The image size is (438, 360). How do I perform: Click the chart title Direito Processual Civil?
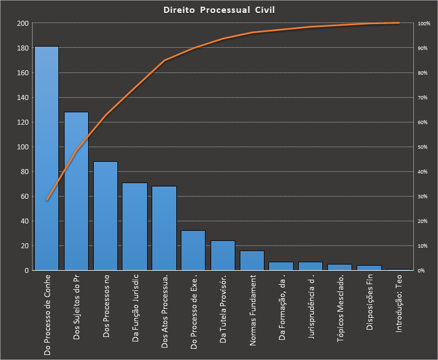(219, 10)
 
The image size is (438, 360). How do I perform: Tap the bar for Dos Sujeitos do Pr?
(76, 191)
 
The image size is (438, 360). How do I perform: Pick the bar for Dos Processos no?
(106, 216)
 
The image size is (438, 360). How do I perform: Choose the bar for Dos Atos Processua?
(164, 228)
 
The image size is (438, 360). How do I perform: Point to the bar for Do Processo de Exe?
(193, 250)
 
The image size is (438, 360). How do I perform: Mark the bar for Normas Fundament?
(252, 261)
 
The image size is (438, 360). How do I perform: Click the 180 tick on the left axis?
(23, 48)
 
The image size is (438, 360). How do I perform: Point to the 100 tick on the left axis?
(23, 147)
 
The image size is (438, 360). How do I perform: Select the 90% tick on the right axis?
(422, 48)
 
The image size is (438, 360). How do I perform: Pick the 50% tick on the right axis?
(422, 147)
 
